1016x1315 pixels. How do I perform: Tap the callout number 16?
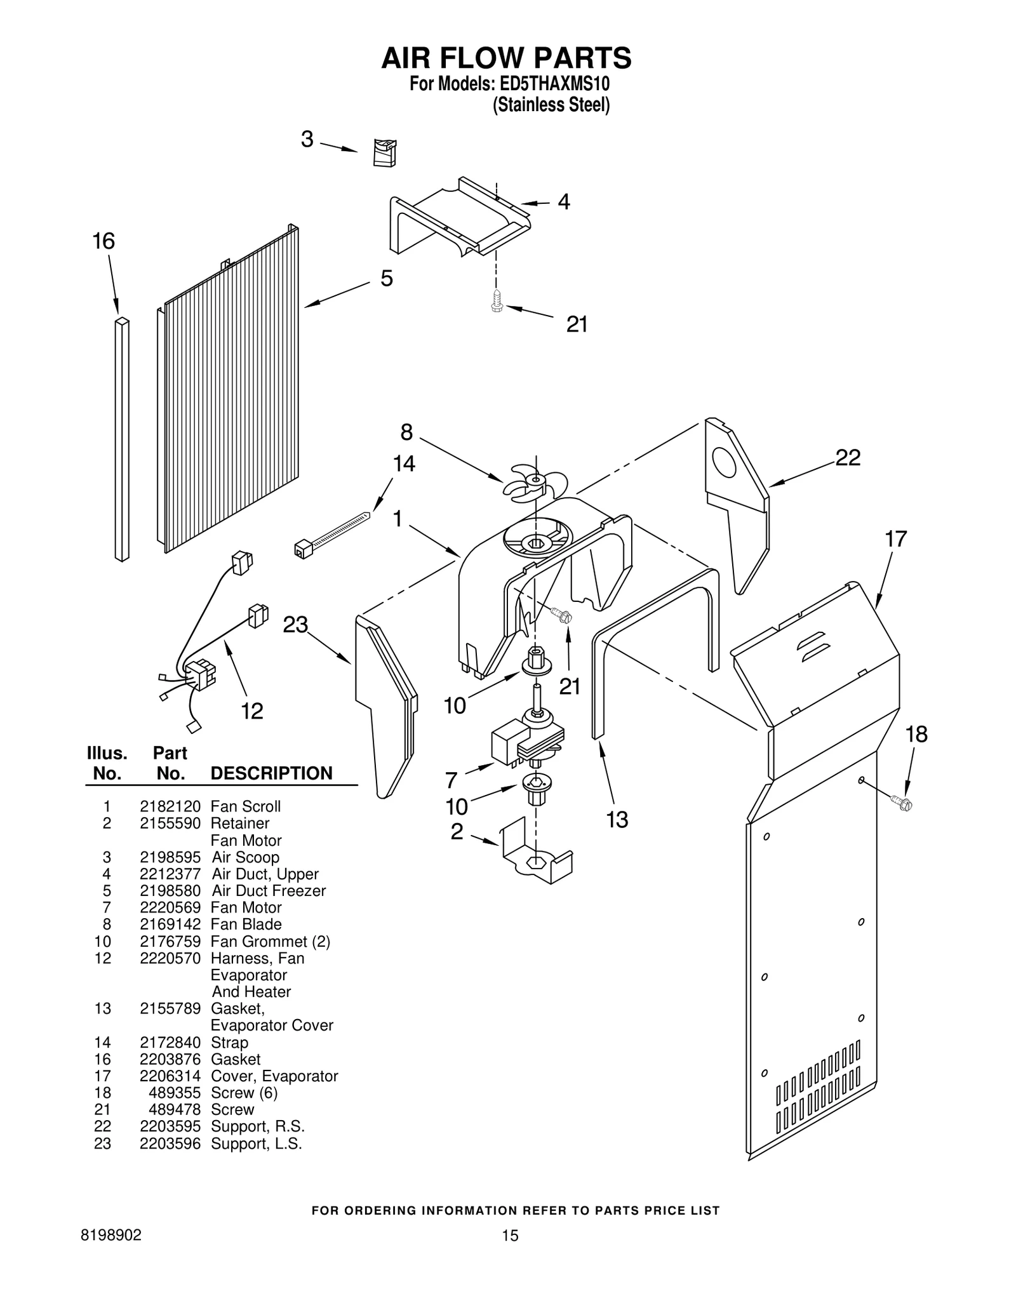tap(104, 241)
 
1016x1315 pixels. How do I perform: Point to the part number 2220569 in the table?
tap(170, 907)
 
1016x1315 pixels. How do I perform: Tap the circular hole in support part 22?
tap(723, 462)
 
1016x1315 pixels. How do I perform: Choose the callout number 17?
tap(895, 539)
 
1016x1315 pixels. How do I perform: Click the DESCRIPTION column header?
tap(271, 773)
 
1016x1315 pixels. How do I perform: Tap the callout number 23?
tap(295, 625)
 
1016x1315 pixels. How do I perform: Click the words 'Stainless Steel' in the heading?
tap(551, 105)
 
